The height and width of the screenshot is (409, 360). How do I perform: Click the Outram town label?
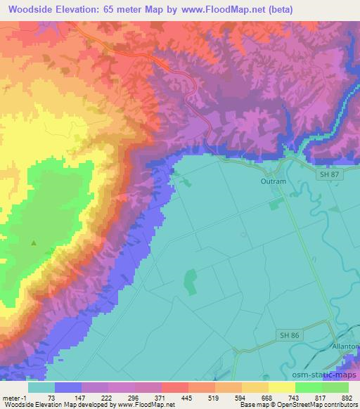[270, 181]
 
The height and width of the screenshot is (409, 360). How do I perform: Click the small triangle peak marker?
[33, 243]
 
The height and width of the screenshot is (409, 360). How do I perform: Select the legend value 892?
[346, 397]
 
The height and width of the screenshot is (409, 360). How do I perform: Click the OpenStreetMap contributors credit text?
[316, 405]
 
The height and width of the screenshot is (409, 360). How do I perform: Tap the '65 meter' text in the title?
[120, 9]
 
